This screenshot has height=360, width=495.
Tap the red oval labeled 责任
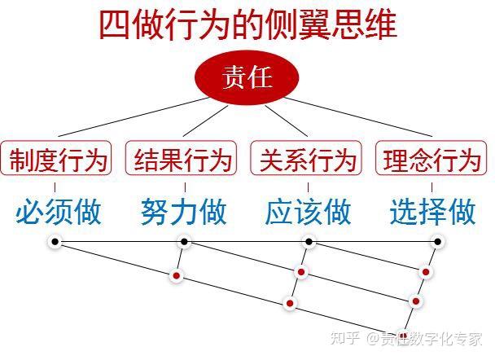246,79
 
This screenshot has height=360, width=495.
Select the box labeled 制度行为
58,158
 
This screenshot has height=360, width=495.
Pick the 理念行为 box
432,158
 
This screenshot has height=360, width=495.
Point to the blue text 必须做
58,212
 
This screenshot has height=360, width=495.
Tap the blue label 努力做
183,212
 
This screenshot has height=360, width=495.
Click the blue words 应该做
308,212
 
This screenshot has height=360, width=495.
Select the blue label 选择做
432,212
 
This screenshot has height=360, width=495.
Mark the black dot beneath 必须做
55,242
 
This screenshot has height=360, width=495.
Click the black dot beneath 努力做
184,242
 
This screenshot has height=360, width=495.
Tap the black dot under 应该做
309,242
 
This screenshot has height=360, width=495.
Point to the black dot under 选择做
437,242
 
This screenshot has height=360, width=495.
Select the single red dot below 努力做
176,276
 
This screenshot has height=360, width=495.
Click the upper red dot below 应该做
301,272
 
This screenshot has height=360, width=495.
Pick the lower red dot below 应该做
290,303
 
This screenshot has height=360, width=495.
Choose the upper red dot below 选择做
425,272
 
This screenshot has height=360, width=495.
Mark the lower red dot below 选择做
415,301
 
